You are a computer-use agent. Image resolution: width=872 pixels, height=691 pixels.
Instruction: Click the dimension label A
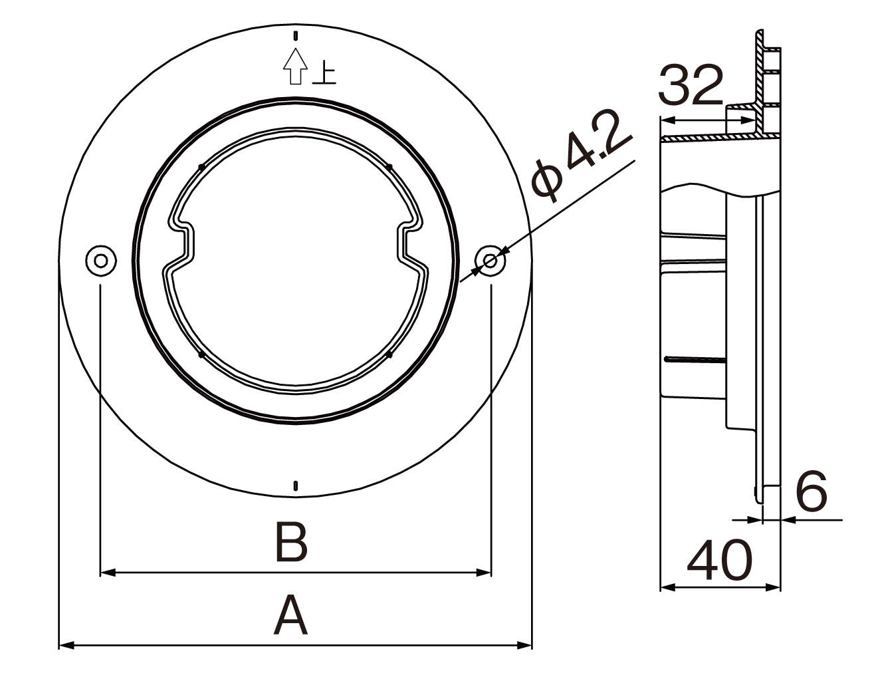[x=290, y=615]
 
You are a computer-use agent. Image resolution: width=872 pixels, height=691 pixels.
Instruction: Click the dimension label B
[x=291, y=543]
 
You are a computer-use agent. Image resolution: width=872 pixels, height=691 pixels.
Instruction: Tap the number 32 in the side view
[x=691, y=86]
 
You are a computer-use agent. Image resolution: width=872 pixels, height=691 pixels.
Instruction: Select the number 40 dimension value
[x=719, y=560]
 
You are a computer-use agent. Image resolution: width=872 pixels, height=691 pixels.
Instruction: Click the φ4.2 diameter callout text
[x=582, y=156]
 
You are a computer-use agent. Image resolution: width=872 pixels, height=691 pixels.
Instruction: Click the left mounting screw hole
[x=101, y=260]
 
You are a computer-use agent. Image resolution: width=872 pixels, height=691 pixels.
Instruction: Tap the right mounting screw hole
[x=490, y=261]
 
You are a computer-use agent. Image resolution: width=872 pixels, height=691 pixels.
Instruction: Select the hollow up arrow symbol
[x=296, y=67]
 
